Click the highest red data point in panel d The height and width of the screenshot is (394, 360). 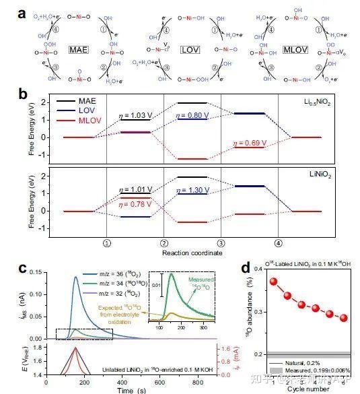[254, 281]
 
